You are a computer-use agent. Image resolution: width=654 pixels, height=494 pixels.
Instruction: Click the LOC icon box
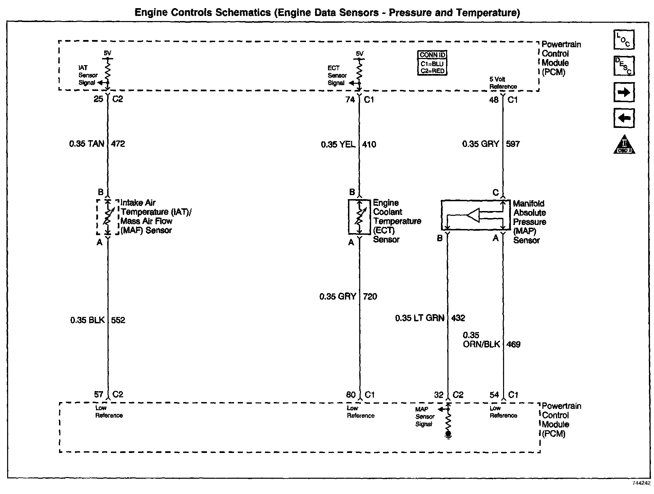[624, 40]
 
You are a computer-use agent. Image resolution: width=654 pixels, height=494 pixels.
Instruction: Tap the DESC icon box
[624, 66]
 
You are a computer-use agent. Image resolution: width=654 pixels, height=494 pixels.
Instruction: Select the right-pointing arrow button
[624, 92]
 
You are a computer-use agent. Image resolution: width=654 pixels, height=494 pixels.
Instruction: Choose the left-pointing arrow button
[624, 118]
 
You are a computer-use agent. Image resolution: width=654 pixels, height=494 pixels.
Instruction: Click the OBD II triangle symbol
[624, 145]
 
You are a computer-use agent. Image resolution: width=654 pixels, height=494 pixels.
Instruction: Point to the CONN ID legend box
[432, 63]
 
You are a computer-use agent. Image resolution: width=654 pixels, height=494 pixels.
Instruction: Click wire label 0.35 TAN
[87, 144]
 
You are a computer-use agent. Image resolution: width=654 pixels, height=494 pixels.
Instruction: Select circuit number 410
[369, 145]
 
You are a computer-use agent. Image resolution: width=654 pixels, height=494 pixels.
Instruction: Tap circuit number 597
[513, 144]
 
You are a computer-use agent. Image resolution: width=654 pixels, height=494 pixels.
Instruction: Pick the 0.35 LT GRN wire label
[420, 318]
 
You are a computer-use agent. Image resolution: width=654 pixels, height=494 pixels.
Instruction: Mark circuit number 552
[118, 320]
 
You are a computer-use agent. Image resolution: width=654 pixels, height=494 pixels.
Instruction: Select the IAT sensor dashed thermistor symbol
[108, 217]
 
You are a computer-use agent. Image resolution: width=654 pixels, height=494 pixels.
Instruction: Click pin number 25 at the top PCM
[98, 99]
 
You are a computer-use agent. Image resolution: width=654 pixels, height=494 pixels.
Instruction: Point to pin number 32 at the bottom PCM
[439, 395]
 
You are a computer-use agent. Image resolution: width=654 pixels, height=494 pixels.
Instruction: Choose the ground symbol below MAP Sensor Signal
[448, 435]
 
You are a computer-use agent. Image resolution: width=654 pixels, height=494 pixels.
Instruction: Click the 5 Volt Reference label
[503, 83]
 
